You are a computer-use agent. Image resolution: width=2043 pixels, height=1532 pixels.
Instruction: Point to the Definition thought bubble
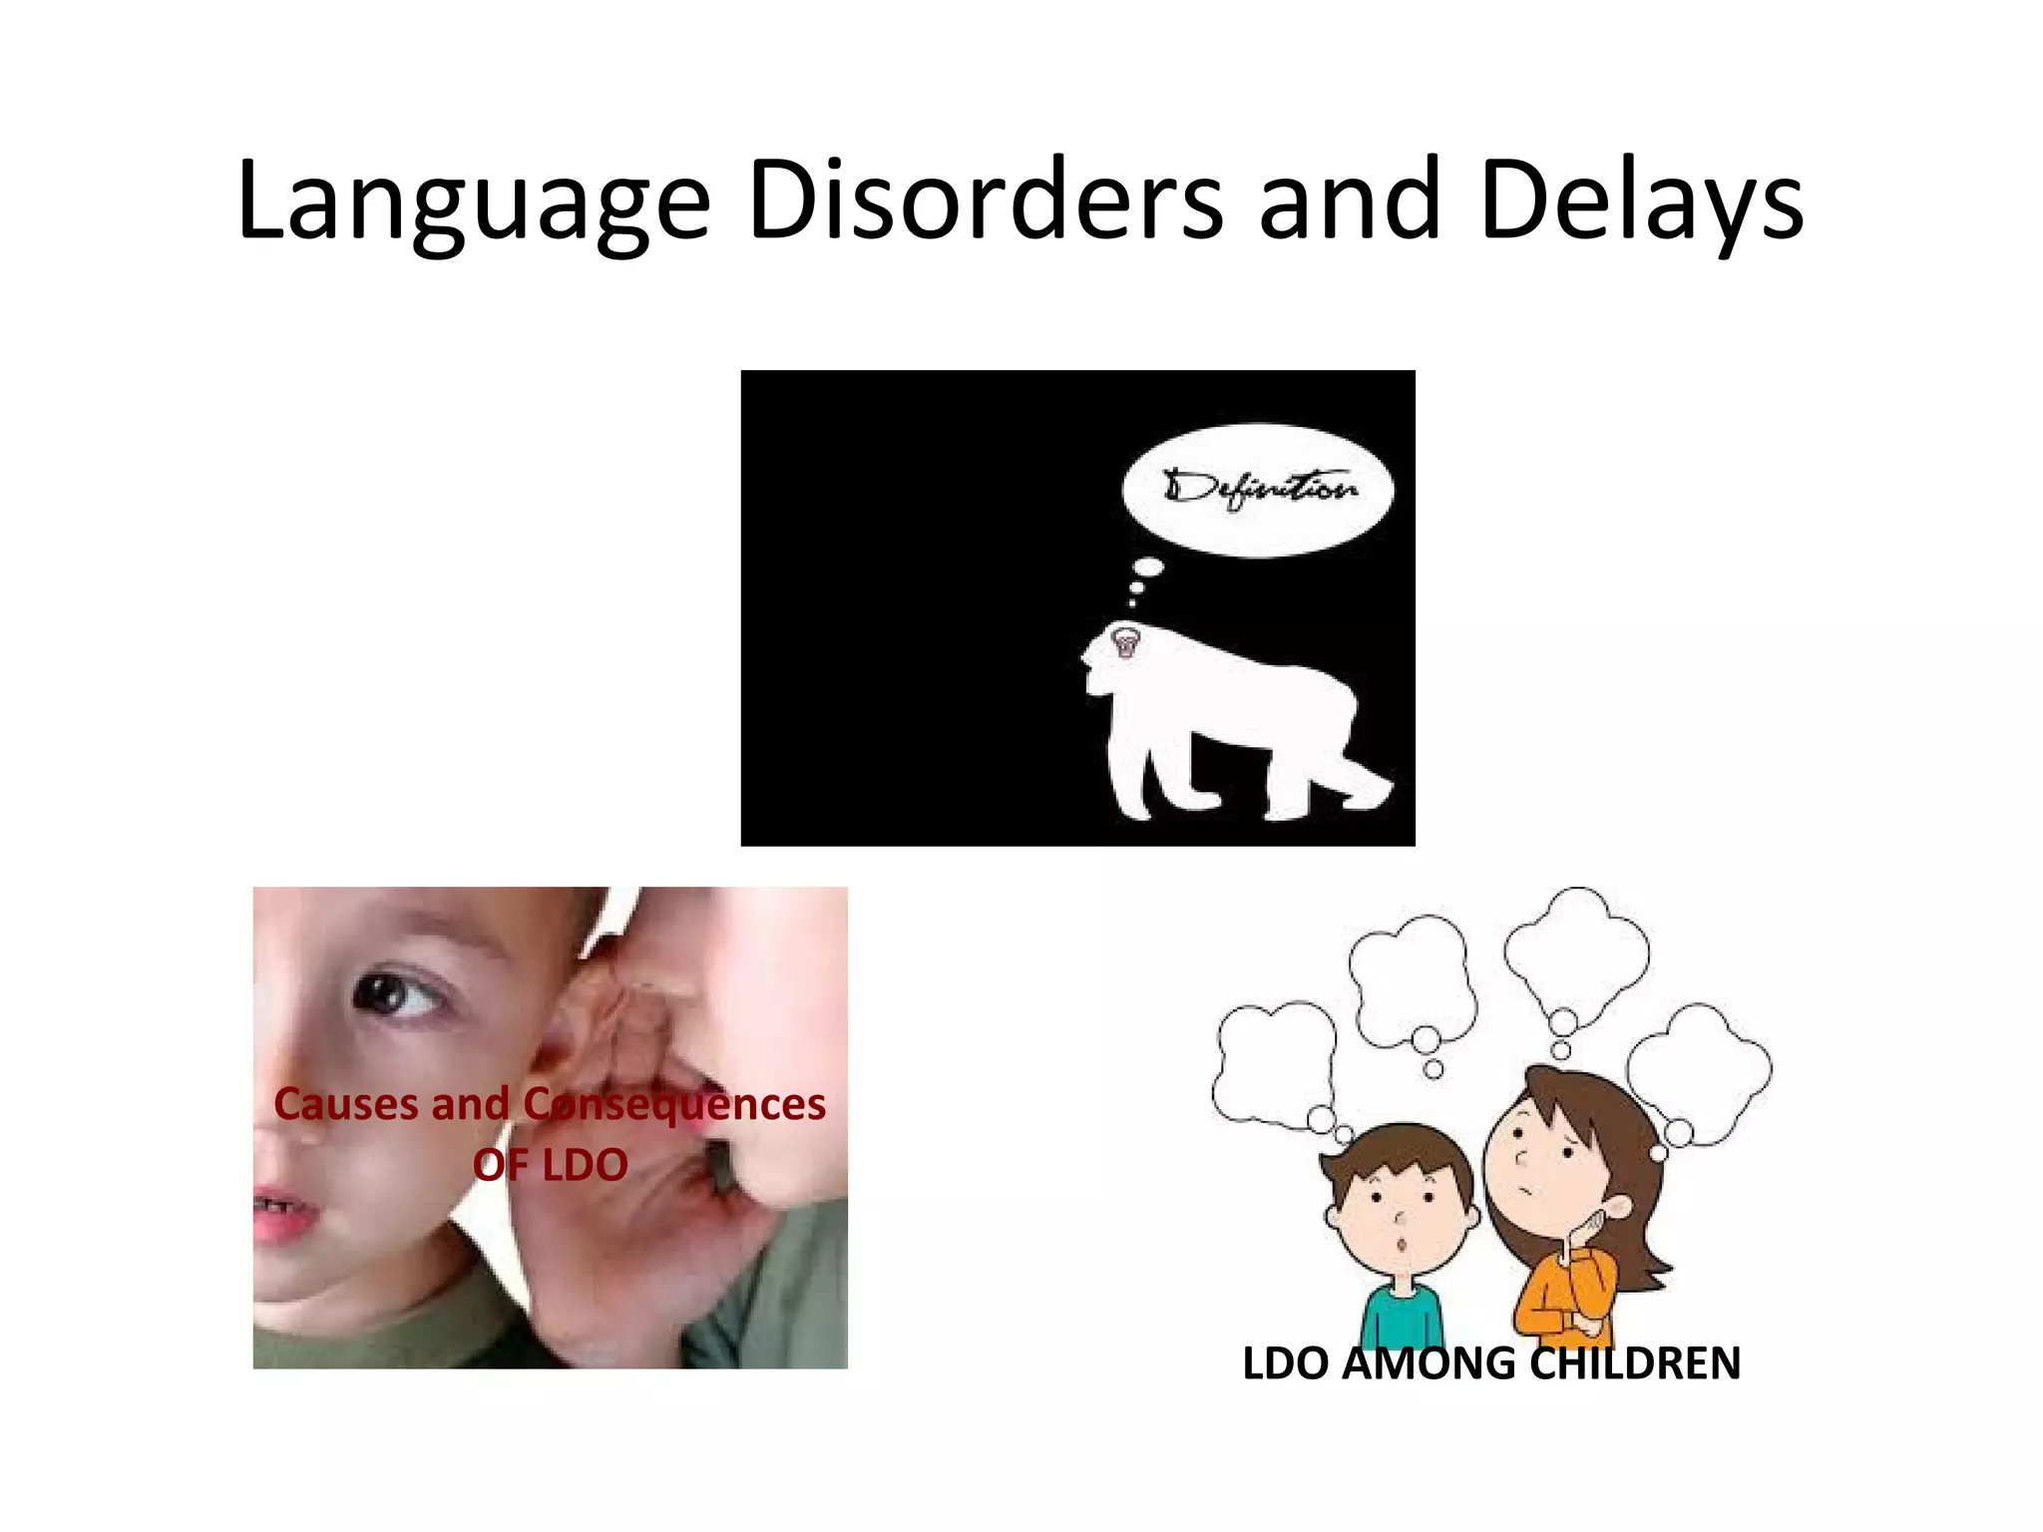tap(1257, 490)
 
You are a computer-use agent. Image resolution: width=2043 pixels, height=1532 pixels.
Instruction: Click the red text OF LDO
tap(550, 1164)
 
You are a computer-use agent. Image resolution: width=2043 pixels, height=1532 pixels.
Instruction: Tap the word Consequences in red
tap(674, 1104)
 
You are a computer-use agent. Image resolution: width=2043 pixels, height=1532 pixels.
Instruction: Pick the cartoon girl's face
tap(1541, 1157)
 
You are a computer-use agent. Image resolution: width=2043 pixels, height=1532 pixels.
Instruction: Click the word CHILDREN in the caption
tap(1635, 1363)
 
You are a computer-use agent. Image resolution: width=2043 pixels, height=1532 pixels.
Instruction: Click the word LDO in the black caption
tap(1285, 1363)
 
